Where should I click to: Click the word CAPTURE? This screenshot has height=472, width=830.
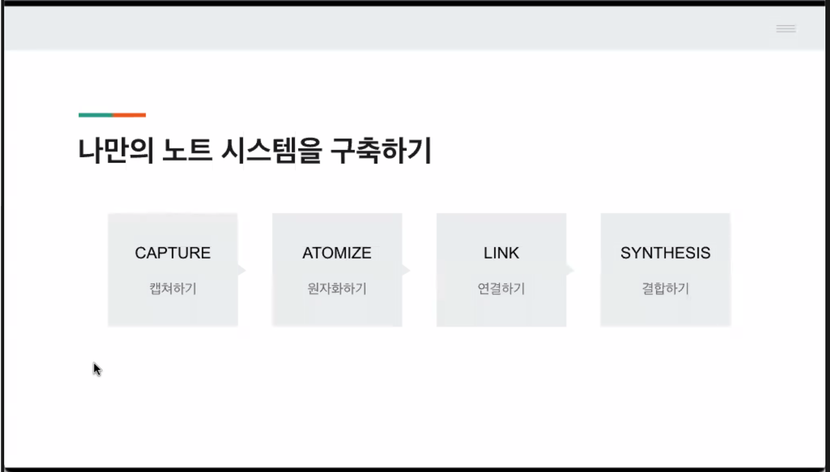coord(172,253)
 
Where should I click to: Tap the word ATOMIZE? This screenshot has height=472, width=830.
coord(336,253)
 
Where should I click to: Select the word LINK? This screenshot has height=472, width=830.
coord(501,253)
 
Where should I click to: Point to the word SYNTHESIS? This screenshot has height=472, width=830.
coord(665,253)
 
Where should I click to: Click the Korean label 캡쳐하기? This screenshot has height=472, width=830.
coord(173,289)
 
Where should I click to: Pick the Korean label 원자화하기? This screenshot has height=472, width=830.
coord(337,289)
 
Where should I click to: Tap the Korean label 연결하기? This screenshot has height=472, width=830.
coord(501,289)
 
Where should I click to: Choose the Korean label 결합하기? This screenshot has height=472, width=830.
coord(665,289)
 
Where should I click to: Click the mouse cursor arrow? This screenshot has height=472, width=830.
coord(96,369)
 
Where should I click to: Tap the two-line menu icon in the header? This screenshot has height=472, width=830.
coord(786,29)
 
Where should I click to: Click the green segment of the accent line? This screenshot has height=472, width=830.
coord(95,115)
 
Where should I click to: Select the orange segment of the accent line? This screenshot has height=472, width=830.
coord(129,115)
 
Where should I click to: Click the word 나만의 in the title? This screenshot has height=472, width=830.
coord(115,151)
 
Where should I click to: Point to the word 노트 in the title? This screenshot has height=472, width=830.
coord(187,151)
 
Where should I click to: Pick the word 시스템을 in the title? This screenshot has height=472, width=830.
coord(271,151)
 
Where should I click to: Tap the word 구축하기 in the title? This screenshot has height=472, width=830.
coord(381,151)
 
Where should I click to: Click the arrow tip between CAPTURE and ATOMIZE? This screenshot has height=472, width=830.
coord(241,270)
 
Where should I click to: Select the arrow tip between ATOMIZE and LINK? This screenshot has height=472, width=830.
coord(406,270)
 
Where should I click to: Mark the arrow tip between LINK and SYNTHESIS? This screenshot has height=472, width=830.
coord(570,270)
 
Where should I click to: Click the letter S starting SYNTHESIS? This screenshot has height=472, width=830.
coord(625,253)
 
